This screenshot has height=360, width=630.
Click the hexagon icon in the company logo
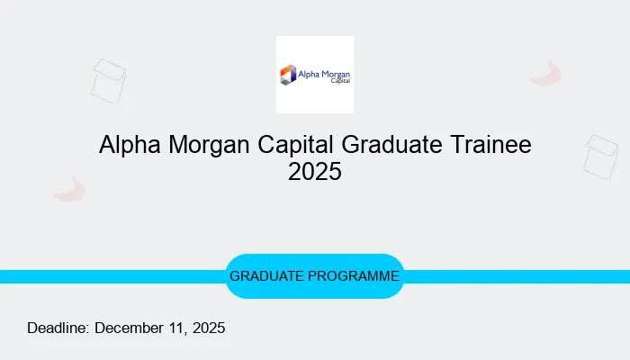[x=288, y=75]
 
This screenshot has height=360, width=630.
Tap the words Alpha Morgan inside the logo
[x=324, y=71]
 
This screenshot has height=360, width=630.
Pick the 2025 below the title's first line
[x=315, y=172]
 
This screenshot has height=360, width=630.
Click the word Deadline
[x=58, y=328]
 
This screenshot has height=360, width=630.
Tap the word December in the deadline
[x=131, y=328]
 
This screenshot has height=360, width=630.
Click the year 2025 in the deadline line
[x=208, y=328]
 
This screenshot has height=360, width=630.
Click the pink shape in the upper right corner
[x=545, y=74]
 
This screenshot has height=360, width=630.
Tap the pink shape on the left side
[x=68, y=189]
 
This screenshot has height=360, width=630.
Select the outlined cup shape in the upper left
[x=108, y=81]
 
